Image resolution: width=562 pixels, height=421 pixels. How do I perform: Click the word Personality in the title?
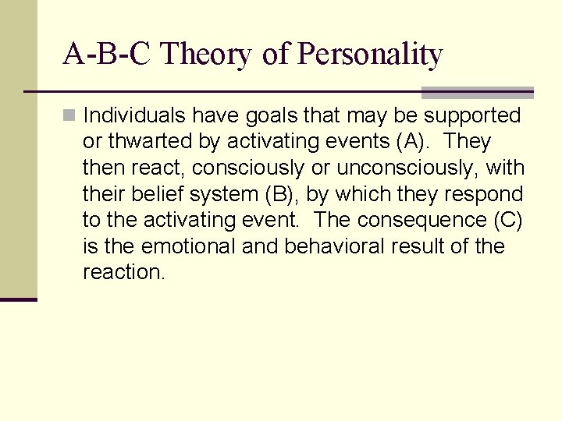[x=371, y=55]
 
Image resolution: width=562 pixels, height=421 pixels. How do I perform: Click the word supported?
[x=472, y=116]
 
